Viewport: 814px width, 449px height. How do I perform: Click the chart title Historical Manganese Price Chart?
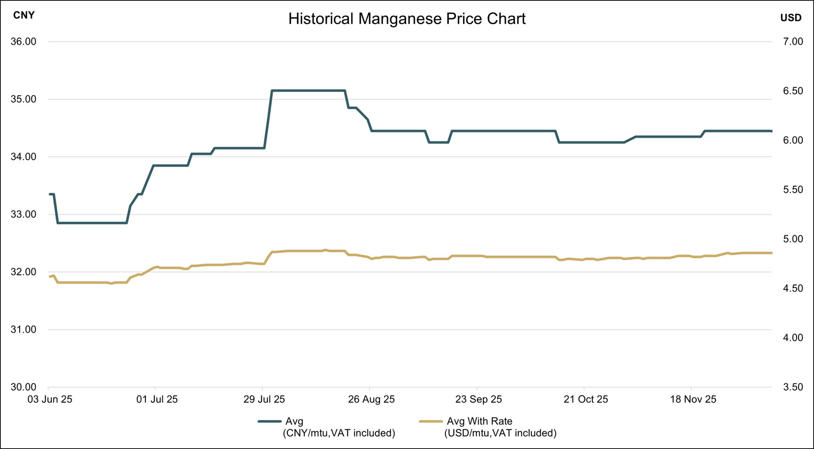tap(407, 19)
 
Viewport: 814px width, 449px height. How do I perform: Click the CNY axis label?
tap(24, 15)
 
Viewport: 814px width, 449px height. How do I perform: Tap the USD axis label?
tap(791, 18)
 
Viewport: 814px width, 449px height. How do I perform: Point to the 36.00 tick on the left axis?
tap(23, 42)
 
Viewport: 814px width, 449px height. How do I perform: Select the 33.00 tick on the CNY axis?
tap(23, 214)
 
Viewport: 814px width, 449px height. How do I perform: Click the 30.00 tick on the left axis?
tap(23, 387)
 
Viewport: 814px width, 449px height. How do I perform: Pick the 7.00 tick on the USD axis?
tap(793, 42)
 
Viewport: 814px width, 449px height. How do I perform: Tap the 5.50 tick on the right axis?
tap(793, 190)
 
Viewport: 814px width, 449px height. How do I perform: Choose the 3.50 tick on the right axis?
tap(793, 387)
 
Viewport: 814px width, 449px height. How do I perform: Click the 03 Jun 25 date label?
tap(50, 399)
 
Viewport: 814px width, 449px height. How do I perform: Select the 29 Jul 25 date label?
tap(264, 399)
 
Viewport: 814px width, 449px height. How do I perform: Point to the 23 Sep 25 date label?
tap(478, 399)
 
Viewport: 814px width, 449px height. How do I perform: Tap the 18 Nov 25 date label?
tap(693, 399)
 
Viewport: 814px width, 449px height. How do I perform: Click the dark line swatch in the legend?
tap(270, 421)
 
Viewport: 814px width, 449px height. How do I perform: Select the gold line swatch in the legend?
tap(431, 421)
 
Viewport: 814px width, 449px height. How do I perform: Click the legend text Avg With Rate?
tap(479, 421)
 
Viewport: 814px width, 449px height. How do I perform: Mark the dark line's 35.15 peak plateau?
tap(308, 90)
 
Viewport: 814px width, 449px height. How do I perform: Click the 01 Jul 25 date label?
tap(157, 399)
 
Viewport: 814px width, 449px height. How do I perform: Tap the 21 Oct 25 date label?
tap(585, 399)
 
